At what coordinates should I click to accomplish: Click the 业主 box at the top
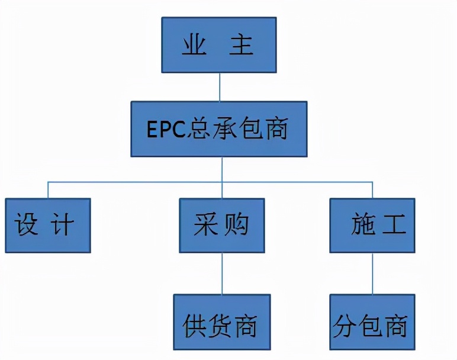pyautogui.click(x=219, y=44)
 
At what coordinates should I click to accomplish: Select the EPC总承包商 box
pyautogui.click(x=219, y=128)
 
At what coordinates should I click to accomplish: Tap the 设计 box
pyautogui.click(x=48, y=226)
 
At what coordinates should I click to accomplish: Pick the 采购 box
pyautogui.click(x=222, y=226)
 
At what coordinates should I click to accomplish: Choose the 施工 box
pyautogui.click(x=372, y=226)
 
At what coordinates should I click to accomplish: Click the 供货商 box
pyautogui.click(x=222, y=321)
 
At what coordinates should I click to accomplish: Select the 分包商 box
pyautogui.click(x=372, y=321)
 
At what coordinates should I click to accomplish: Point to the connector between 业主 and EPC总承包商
pyautogui.click(x=220, y=86)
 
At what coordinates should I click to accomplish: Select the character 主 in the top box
pyautogui.click(x=242, y=46)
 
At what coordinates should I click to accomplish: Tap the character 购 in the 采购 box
pyautogui.click(x=236, y=226)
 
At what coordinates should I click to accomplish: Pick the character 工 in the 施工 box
pyautogui.click(x=392, y=226)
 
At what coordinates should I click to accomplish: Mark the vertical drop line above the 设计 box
pyautogui.click(x=48, y=189)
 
